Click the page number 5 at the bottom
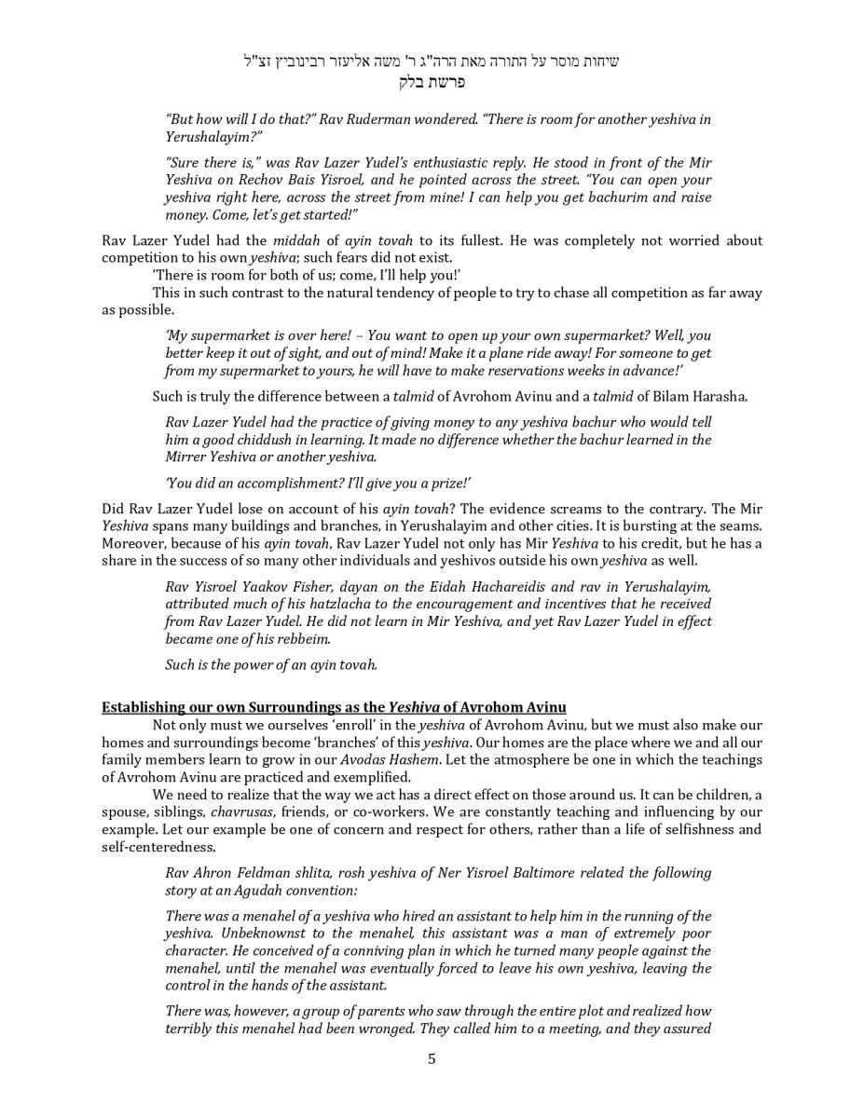pyautogui.click(x=432, y=1058)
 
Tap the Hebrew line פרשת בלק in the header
pyautogui.click(x=432, y=81)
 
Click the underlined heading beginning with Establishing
pyautogui.click(x=334, y=707)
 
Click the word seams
pyautogui.click(x=742, y=526)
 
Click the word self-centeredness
pyautogui.click(x=158, y=847)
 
